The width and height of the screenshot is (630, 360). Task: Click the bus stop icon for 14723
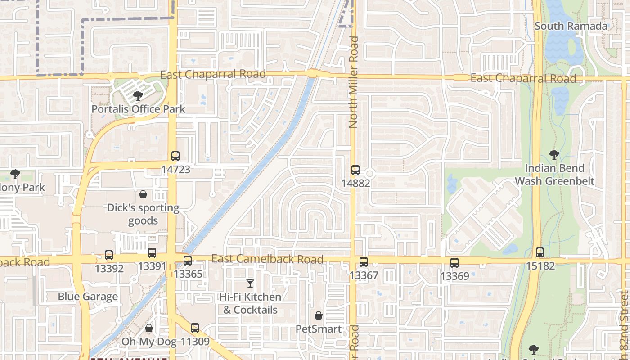tap(175, 156)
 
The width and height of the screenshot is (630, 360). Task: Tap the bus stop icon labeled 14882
tap(355, 170)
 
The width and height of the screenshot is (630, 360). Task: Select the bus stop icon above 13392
tap(109, 255)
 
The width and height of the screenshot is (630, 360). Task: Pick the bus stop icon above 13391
tap(152, 253)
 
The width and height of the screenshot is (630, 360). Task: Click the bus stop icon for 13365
tap(188, 261)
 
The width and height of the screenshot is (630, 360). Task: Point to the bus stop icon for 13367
tap(364, 262)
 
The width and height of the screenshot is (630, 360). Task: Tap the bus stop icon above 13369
tap(454, 263)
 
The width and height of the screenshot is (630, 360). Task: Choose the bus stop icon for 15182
tap(540, 252)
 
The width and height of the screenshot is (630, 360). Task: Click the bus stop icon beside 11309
tap(195, 328)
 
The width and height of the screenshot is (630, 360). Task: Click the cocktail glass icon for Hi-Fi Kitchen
tap(250, 283)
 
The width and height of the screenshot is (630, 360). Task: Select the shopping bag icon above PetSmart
tap(319, 315)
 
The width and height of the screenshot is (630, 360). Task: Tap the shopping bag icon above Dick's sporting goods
tap(143, 194)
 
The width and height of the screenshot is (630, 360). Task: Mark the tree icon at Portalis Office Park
tap(138, 95)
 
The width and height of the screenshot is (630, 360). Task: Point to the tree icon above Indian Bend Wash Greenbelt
tap(554, 155)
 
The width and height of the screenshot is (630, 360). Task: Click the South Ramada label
tap(571, 26)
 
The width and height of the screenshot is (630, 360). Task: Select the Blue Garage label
tap(88, 297)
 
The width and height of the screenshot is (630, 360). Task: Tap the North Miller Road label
tap(354, 82)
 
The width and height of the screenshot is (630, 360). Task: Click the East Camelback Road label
tap(267, 259)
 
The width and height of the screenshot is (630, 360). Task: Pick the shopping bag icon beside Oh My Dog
tap(149, 328)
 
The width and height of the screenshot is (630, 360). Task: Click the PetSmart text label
tap(319, 329)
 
